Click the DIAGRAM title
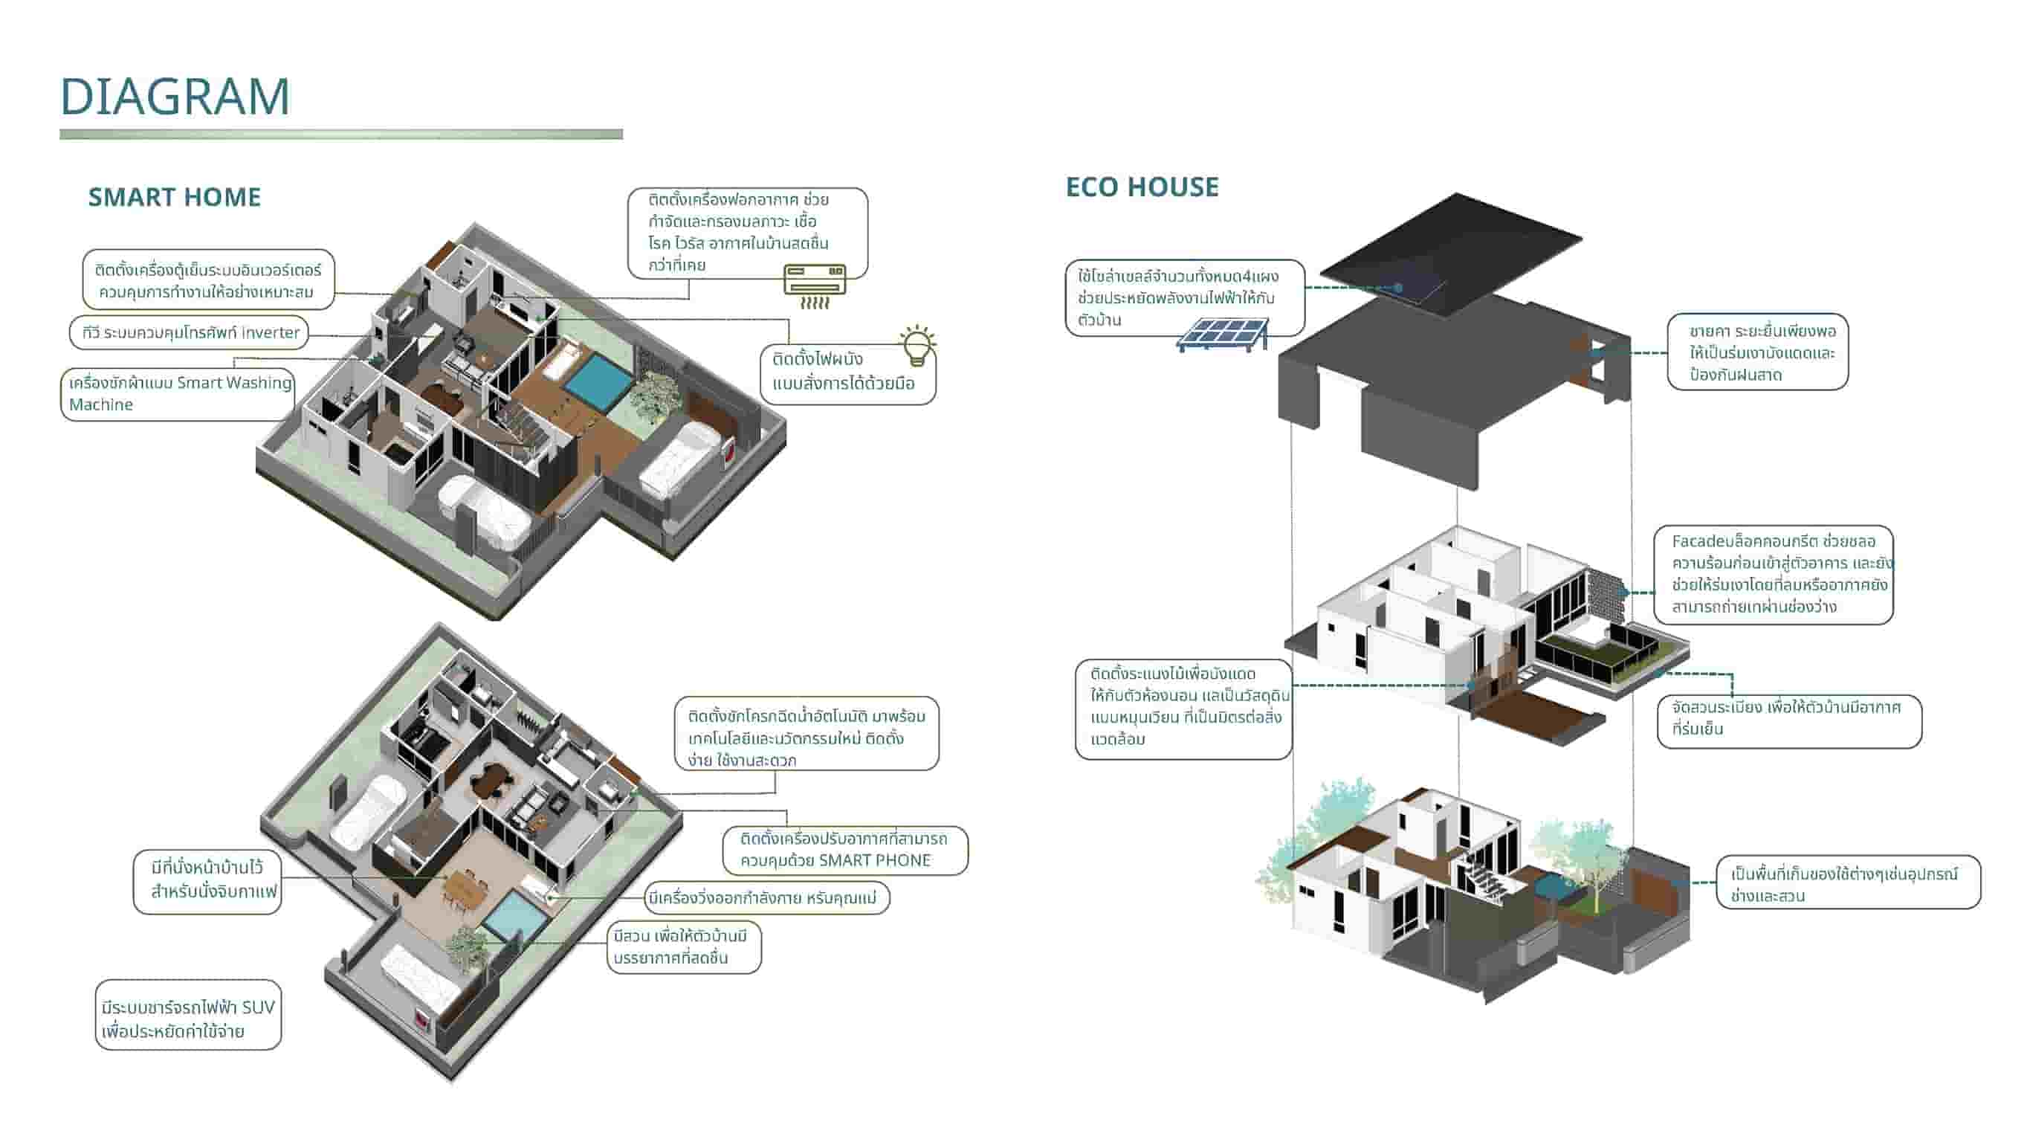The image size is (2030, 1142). click(x=175, y=96)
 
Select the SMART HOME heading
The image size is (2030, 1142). click(x=174, y=197)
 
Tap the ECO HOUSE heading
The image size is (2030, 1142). click(x=1142, y=187)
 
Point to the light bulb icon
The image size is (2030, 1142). click(x=917, y=345)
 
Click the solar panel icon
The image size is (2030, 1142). click(x=1223, y=334)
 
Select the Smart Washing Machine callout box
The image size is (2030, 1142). click(x=178, y=394)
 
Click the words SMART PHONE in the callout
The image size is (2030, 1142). click(x=875, y=861)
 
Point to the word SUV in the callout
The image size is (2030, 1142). click(x=259, y=1007)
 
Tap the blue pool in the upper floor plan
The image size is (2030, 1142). click(x=599, y=381)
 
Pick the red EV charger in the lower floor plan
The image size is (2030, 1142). click(x=423, y=1022)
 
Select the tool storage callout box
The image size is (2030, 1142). click(x=1847, y=883)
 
